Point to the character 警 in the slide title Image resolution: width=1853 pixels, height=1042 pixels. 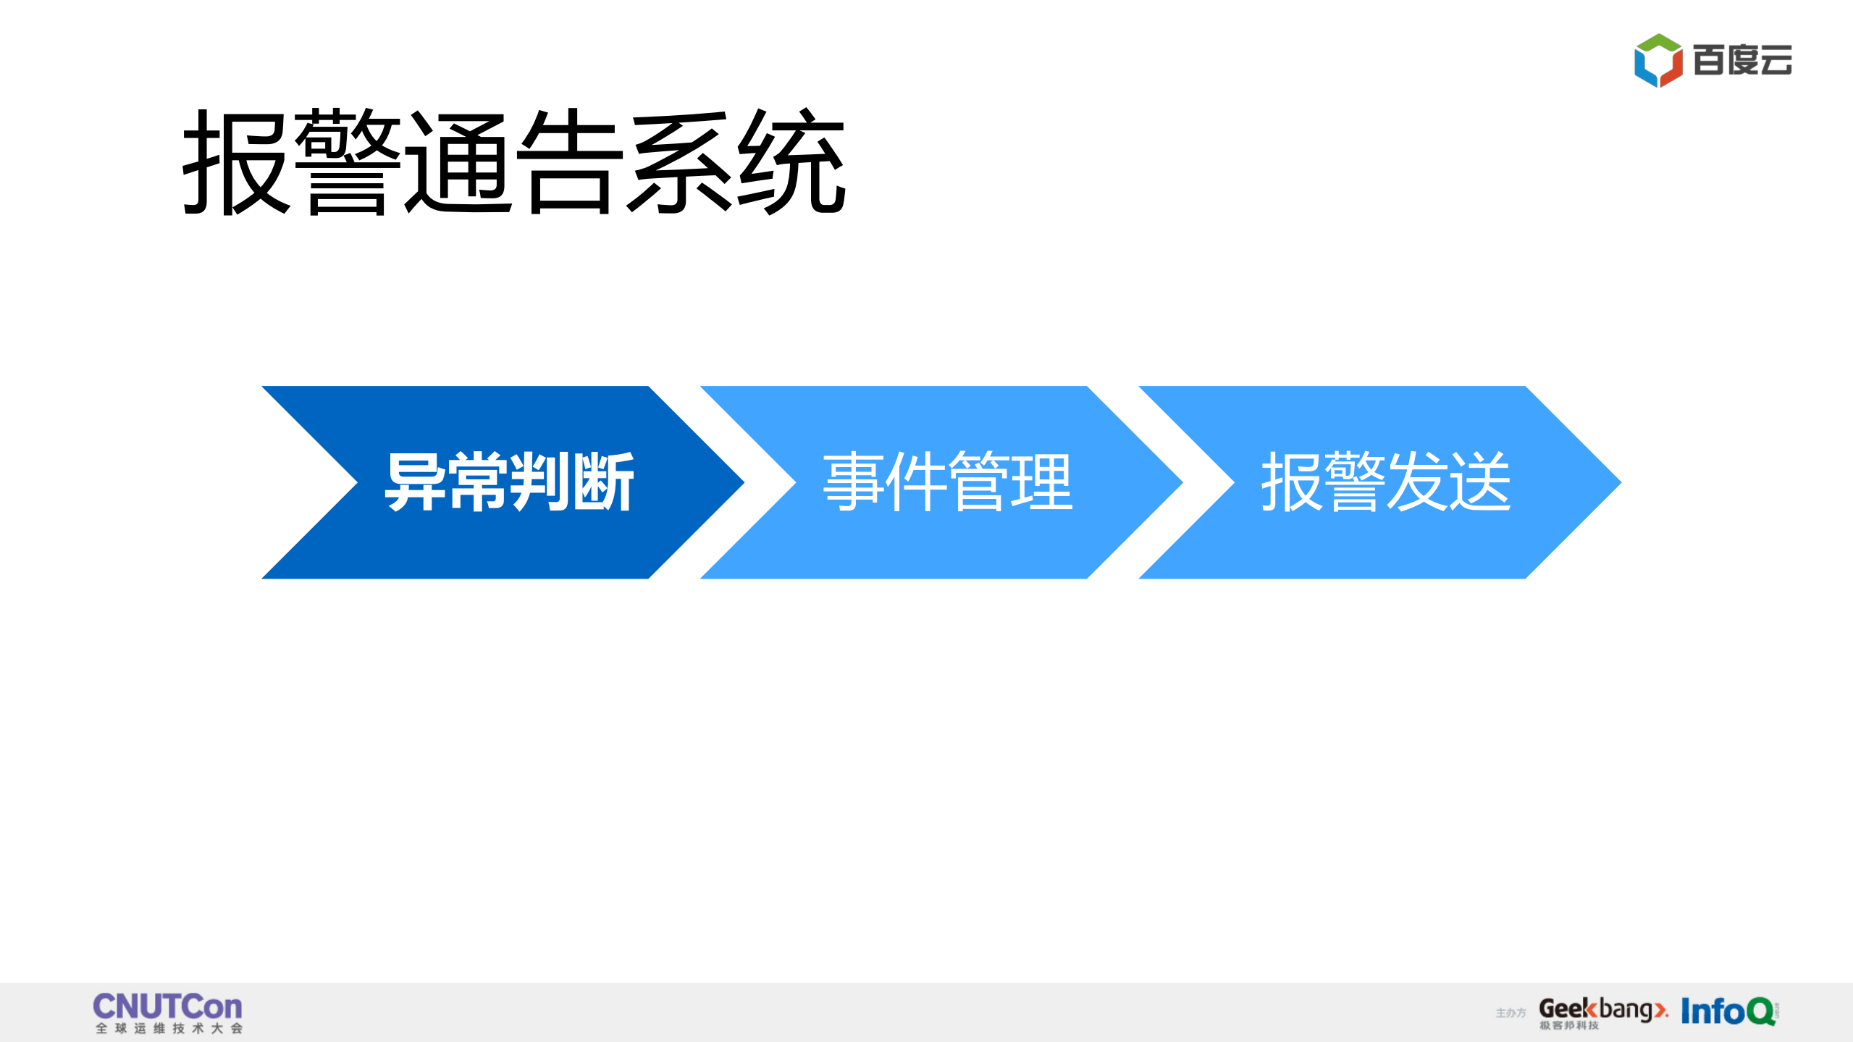[x=348, y=162]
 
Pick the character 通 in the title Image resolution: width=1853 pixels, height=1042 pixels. [x=458, y=162]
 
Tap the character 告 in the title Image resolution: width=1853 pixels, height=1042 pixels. [x=569, y=162]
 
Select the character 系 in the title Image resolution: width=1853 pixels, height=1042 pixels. [x=680, y=162]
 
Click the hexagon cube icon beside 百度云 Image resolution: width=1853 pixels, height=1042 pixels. [x=1657, y=60]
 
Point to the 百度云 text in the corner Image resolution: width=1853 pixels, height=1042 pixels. [x=1742, y=60]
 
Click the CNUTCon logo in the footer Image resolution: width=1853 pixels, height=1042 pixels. [x=167, y=1007]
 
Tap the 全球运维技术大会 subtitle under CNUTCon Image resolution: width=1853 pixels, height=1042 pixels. [x=169, y=1028]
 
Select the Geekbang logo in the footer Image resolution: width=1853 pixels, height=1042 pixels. [x=1602, y=1009]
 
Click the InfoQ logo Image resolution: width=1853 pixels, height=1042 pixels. [x=1728, y=1011]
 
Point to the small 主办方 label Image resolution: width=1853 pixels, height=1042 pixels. [x=1510, y=1013]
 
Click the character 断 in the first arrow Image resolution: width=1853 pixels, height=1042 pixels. [x=604, y=482]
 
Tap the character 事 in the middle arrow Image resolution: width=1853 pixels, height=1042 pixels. [x=854, y=482]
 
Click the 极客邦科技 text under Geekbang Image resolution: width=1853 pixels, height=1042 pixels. [x=1568, y=1025]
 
